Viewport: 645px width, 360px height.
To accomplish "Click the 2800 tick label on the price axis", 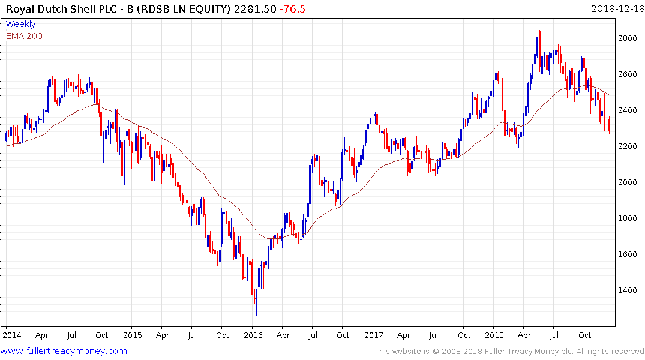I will [x=628, y=38].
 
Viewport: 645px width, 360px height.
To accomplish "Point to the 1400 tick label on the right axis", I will [x=628, y=290].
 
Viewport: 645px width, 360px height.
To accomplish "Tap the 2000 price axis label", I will [x=628, y=182].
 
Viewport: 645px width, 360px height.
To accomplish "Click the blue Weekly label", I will [x=20, y=24].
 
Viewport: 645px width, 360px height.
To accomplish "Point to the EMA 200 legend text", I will [x=24, y=36].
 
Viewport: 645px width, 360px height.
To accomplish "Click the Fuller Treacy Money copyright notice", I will [x=509, y=351].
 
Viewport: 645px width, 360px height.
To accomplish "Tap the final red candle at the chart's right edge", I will [x=610, y=125].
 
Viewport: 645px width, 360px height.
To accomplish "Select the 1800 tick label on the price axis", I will [x=628, y=218].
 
